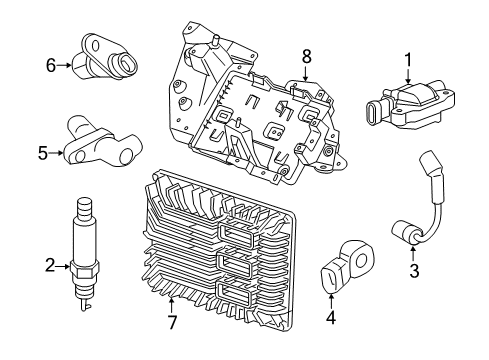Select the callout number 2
click(48, 265)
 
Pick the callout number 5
click(43, 153)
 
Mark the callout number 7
click(171, 323)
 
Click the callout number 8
click(307, 57)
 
